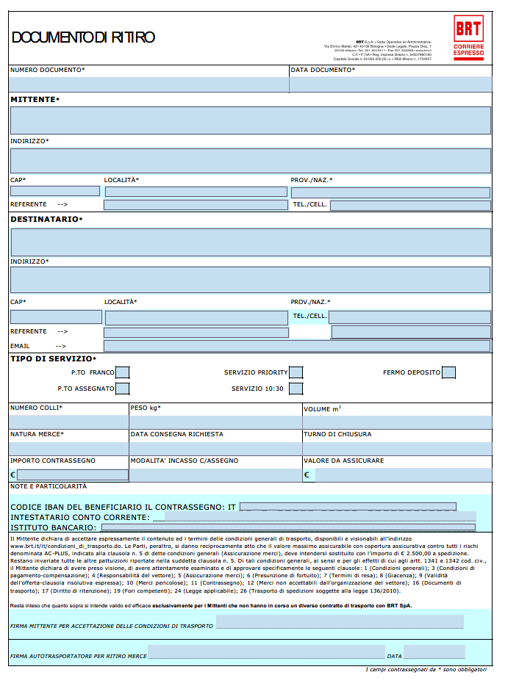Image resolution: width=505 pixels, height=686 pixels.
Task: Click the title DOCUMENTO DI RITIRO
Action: [x=83, y=37]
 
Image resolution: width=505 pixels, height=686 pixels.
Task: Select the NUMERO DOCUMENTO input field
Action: [x=148, y=84]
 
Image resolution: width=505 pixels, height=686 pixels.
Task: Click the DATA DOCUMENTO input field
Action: [x=390, y=84]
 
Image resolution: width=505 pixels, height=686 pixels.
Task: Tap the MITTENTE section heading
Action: [x=35, y=99]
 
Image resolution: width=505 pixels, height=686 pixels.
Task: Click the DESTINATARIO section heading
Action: [x=46, y=219]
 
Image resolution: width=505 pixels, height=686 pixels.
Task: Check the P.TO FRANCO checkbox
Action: [x=123, y=372]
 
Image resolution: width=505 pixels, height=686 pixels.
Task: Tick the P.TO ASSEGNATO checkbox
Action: [x=123, y=389]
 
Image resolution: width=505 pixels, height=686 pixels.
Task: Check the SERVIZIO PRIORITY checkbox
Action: [x=296, y=372]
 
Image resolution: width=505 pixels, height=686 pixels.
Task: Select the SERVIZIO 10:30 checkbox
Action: [x=296, y=389]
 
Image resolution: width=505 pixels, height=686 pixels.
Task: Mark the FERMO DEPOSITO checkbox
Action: [x=448, y=372]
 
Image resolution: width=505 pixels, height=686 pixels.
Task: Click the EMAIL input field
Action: [x=296, y=346]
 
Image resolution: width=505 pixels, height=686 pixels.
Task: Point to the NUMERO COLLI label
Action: [x=36, y=408]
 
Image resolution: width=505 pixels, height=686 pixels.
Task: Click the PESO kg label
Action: [x=146, y=408]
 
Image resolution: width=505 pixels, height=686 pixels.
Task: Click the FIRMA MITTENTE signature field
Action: [x=340, y=623]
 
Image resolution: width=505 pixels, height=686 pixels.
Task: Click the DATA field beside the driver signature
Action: [x=434, y=652]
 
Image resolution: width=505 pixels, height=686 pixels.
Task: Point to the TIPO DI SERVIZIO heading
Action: [x=53, y=358]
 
